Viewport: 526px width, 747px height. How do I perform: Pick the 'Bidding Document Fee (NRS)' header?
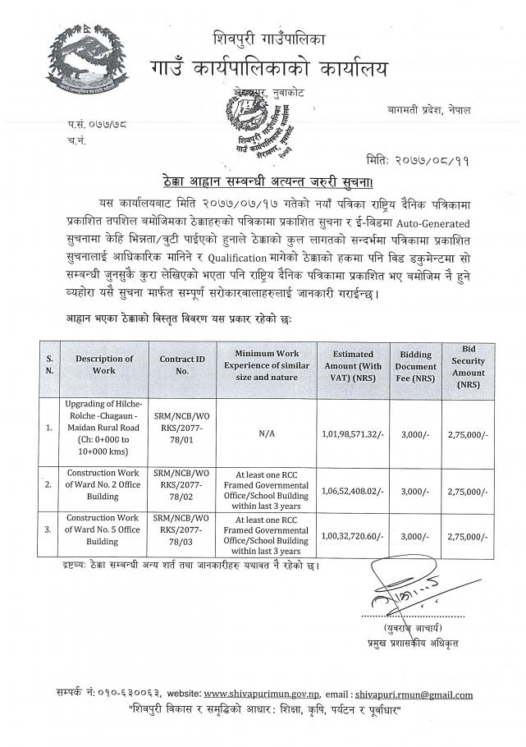pyautogui.click(x=415, y=364)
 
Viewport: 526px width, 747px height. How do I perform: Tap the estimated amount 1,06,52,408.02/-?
pyautogui.click(x=352, y=489)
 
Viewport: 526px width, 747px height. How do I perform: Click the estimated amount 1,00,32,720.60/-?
pyautogui.click(x=352, y=534)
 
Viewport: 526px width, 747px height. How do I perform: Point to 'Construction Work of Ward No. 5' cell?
pyautogui.click(x=104, y=534)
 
